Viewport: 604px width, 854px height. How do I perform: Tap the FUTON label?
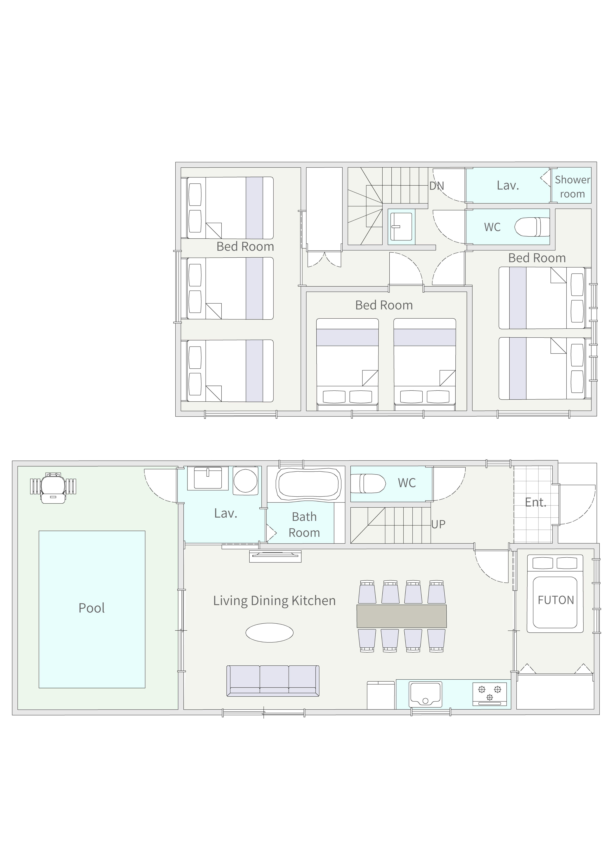(556, 600)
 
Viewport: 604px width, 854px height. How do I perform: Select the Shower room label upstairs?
(572, 187)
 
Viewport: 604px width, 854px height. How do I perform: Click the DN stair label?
(436, 186)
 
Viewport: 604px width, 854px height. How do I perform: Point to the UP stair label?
(438, 524)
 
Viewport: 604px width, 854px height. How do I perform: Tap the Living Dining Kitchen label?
(274, 601)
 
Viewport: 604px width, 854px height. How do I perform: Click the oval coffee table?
(269, 633)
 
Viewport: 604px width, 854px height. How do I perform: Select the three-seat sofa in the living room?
(273, 681)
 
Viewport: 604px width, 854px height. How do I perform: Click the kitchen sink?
(425, 694)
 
